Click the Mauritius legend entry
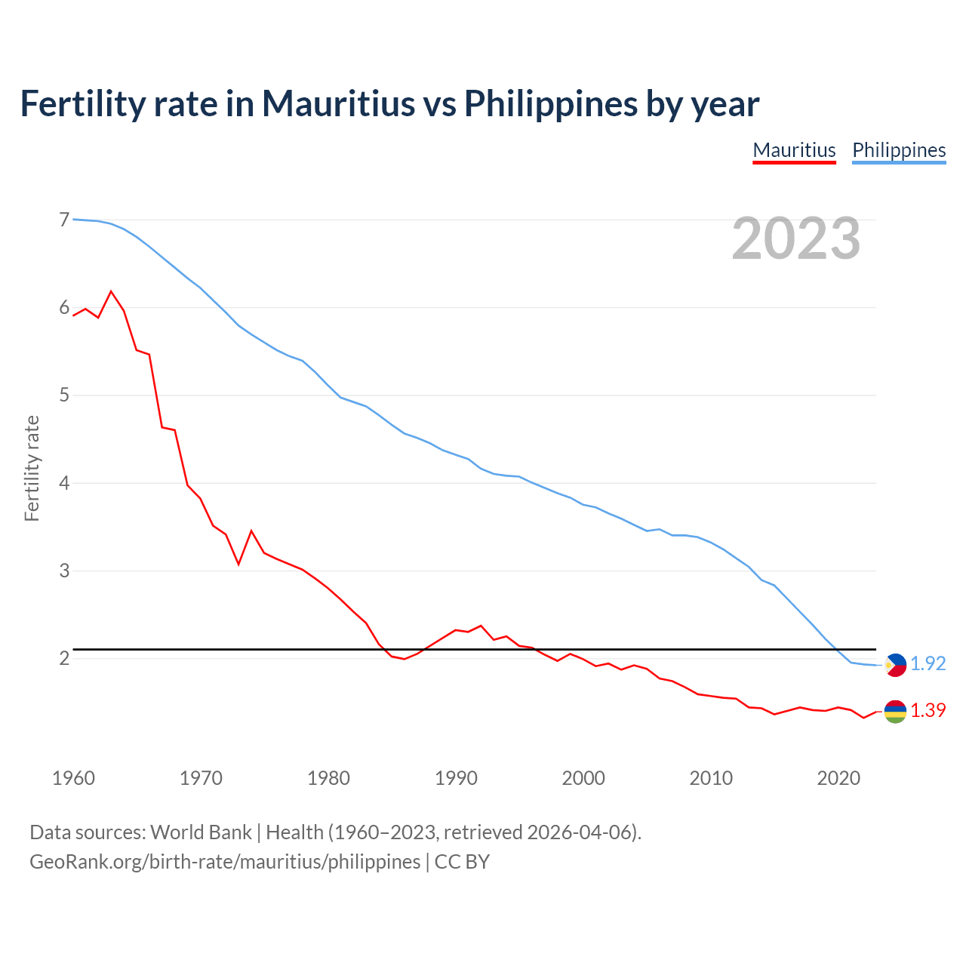794,150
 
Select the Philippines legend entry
899,150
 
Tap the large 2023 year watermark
796,238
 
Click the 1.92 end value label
928,663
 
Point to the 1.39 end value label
928,710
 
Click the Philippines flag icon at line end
895,665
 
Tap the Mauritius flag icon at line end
895,711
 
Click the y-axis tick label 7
64,220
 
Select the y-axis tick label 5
64,395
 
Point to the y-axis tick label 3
64,571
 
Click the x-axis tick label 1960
73,778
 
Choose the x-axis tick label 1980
328,778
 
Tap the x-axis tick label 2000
583,778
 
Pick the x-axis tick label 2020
838,778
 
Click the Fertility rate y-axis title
32,468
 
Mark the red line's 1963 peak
111,291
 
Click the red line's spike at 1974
251,531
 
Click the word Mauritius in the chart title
338,103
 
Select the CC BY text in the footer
462,862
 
